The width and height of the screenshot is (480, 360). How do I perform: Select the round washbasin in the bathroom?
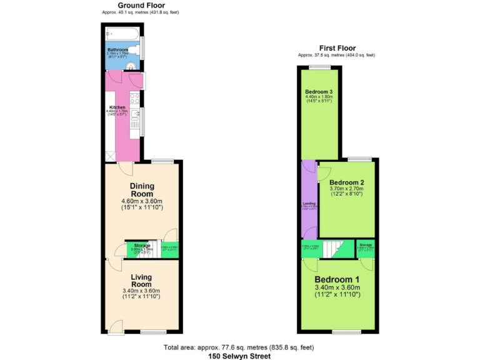(x=131, y=66)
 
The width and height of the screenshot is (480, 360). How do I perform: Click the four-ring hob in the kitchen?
(x=135, y=98)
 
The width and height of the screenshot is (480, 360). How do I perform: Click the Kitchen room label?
(x=118, y=107)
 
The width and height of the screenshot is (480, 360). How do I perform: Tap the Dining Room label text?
(x=142, y=190)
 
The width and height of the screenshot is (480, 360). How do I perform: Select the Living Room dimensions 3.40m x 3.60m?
(x=141, y=291)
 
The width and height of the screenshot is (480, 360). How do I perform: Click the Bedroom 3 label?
(x=319, y=92)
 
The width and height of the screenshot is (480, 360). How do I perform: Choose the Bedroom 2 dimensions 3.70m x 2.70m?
(x=346, y=189)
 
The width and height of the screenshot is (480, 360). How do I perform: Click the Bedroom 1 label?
(x=337, y=279)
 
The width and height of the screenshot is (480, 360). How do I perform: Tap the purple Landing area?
(x=309, y=200)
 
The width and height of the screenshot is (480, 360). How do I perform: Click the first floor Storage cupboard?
(x=366, y=248)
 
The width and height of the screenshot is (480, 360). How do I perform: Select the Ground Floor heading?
(x=141, y=5)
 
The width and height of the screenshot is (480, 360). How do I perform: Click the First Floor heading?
(x=337, y=47)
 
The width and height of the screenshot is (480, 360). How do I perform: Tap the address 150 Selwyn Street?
(x=239, y=356)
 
